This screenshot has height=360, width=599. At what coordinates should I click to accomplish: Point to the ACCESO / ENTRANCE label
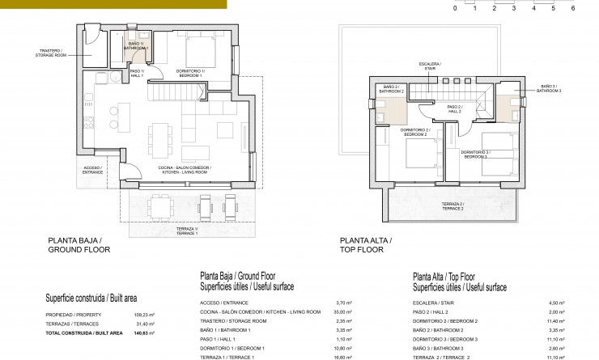coord(93,170)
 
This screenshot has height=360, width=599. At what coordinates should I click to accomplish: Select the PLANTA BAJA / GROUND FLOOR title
coord(79,245)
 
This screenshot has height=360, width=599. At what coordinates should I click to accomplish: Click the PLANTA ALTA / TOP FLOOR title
coord(366,245)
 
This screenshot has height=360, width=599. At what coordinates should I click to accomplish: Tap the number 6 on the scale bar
coord(573,8)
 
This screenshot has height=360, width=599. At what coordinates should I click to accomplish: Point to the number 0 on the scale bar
coord(455,8)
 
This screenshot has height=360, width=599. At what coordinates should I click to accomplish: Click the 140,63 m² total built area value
coord(143,332)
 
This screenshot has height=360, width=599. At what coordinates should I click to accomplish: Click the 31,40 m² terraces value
coord(145,324)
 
